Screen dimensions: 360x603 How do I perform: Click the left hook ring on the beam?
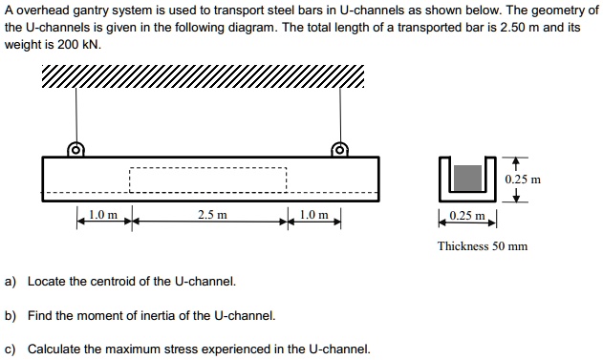[x=75, y=149]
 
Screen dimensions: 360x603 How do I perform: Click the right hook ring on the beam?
[x=337, y=149]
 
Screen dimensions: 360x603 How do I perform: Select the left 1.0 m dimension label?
[x=102, y=215]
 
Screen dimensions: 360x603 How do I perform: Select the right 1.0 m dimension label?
[x=313, y=215]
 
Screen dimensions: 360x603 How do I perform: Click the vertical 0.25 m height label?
[x=523, y=179]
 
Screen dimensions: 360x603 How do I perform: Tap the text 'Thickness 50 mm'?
[x=482, y=246]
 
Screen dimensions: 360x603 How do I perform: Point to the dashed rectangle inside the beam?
[x=207, y=181]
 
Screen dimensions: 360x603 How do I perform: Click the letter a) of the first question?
[x=11, y=282]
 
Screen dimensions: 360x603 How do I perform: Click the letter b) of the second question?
[x=11, y=315]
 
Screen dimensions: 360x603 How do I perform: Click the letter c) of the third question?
[x=11, y=349]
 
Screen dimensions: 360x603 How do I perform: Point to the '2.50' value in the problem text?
[x=463, y=27]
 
